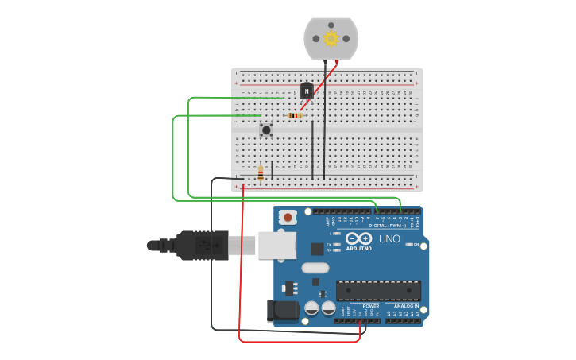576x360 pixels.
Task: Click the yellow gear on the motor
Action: pos(331,38)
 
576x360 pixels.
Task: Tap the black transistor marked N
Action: pos(307,91)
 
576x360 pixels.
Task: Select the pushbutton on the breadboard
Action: pos(266,129)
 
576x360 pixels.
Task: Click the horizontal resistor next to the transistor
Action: pos(296,115)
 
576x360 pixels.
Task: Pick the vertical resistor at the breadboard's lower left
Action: pos(261,172)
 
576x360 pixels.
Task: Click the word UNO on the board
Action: pos(389,238)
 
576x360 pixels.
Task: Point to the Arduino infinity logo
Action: pos(359,238)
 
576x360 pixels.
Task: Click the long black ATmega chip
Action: pos(378,290)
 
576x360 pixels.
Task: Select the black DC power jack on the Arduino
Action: pos(282,311)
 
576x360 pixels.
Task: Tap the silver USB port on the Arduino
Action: pos(276,246)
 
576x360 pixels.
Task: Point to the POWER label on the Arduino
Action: pos(371,306)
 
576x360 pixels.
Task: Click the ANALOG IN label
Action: pos(406,306)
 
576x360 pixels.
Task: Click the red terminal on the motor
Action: pos(337,61)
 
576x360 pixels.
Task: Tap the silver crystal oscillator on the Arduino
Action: pos(315,268)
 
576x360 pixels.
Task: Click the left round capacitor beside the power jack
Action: pos(312,307)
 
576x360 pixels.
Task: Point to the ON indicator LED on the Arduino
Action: pos(409,244)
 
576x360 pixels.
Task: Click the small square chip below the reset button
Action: pos(317,249)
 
